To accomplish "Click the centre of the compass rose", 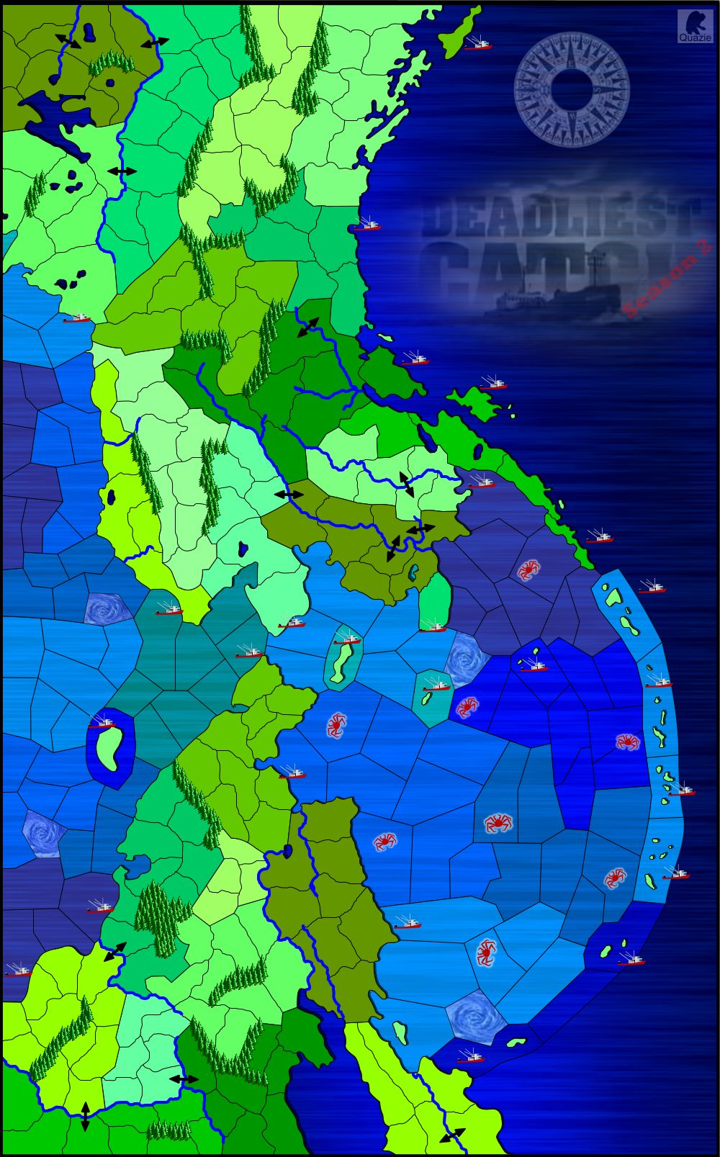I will [572, 89].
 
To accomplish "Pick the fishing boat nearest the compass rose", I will [477, 44].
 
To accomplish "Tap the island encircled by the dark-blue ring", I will [109, 747].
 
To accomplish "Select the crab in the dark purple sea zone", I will [528, 570].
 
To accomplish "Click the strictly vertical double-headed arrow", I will [85, 1115].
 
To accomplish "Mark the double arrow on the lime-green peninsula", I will [452, 1136].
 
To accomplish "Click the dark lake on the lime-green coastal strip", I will [112, 497].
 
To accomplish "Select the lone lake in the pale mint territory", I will [244, 549].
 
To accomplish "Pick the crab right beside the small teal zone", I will [467, 706].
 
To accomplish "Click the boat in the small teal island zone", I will [436, 683].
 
